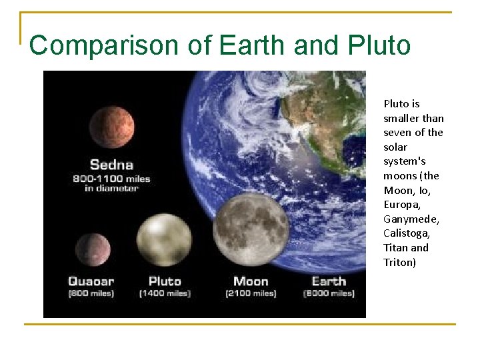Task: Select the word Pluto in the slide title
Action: (379, 45)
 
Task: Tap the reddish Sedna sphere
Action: (112, 127)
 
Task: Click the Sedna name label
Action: (111, 164)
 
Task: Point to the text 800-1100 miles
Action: (111, 179)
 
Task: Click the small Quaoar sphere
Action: (93, 249)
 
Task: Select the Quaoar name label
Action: (91, 281)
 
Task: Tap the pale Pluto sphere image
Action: (164, 239)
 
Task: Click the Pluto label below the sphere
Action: (165, 281)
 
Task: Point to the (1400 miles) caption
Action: (165, 293)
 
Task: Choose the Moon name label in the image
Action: (251, 281)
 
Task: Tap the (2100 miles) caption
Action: (251, 293)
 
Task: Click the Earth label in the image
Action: (329, 281)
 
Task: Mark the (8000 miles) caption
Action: (329, 293)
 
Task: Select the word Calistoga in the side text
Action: (407, 233)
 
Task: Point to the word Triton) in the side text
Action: (399, 262)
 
